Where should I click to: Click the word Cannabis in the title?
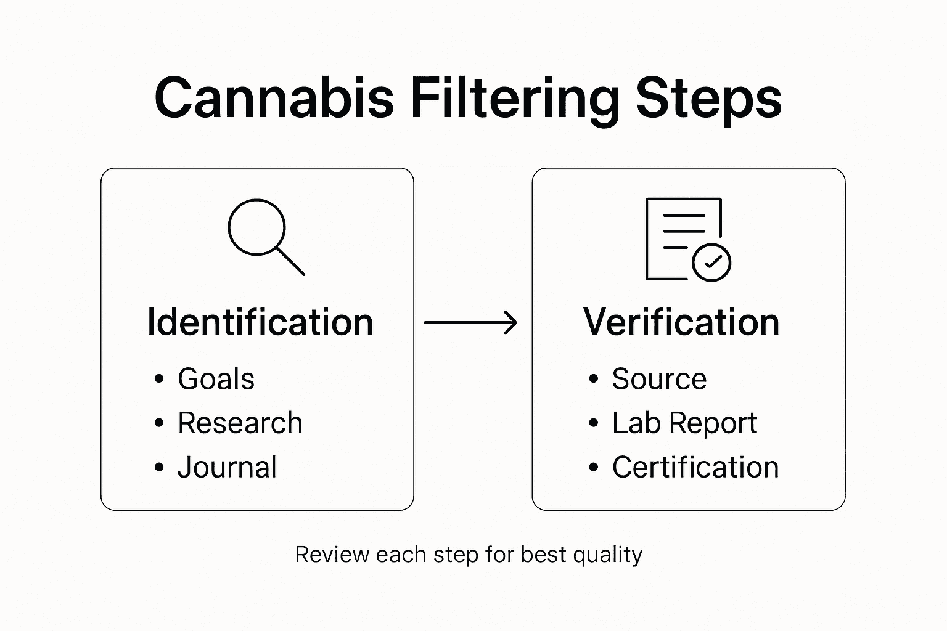coord(274,99)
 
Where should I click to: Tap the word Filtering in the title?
coord(515,99)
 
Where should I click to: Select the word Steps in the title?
coord(708,99)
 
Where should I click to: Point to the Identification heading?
coord(260,322)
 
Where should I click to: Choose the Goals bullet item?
coord(216,378)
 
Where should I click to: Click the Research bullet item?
coord(240,423)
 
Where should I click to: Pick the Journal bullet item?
coord(227,467)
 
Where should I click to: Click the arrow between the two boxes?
coord(470,322)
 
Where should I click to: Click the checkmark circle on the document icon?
coord(711,263)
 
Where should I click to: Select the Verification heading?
coord(681,322)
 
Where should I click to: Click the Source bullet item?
coord(659,378)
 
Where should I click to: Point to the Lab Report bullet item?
coord(684,423)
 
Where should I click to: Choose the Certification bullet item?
coord(695,467)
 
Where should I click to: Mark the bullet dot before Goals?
coord(160,379)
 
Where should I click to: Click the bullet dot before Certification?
coord(594,468)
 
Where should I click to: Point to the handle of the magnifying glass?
coord(290,261)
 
